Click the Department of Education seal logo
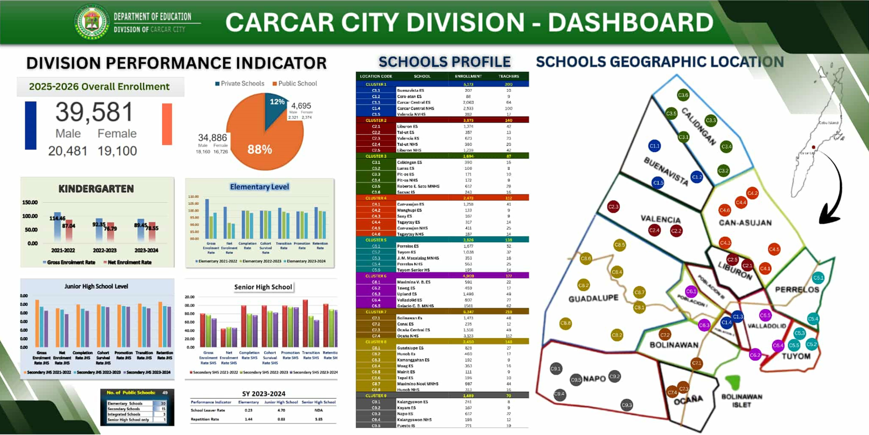92,22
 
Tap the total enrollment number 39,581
94,112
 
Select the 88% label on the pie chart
259,149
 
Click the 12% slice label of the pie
277,102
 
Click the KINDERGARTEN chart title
96,189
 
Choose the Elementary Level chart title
259,187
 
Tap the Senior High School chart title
263,287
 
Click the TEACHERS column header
508,76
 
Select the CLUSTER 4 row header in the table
376,198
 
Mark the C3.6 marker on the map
683,95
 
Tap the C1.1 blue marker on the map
654,146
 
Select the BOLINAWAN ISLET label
742,400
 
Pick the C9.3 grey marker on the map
626,405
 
